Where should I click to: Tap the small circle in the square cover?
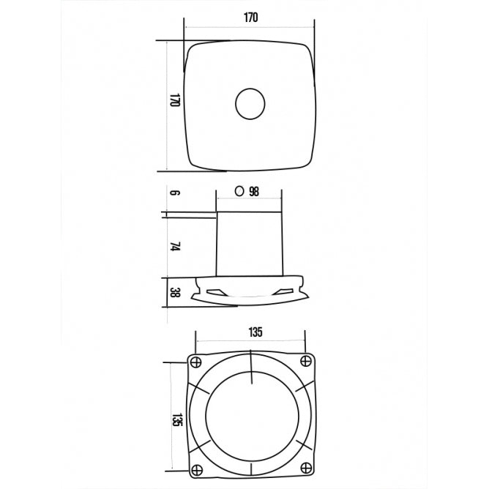click(250, 105)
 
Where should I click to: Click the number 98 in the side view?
click(254, 192)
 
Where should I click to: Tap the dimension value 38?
click(175, 293)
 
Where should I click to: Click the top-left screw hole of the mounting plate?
click(196, 362)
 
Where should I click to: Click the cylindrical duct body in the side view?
click(250, 242)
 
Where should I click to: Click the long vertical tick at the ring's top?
click(251, 367)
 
